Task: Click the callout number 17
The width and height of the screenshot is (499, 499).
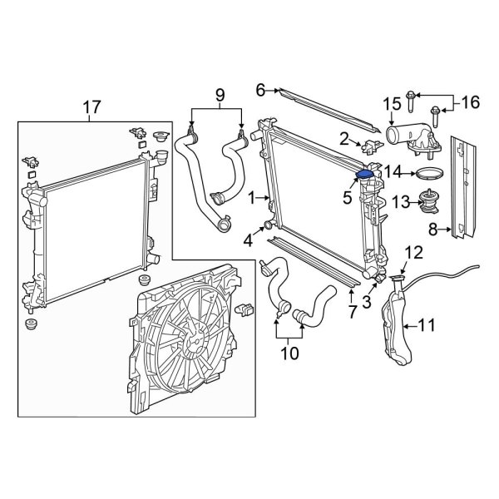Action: click(92, 107)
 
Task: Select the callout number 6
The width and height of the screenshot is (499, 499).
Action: click(260, 88)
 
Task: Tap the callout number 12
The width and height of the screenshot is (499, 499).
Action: click(414, 252)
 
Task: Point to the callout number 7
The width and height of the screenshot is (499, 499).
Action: click(352, 312)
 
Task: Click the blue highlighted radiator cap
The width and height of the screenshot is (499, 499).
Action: click(364, 175)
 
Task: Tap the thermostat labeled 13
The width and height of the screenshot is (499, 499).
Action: click(427, 202)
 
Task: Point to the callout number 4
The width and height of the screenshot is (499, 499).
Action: click(248, 242)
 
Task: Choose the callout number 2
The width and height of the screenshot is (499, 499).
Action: click(343, 138)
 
